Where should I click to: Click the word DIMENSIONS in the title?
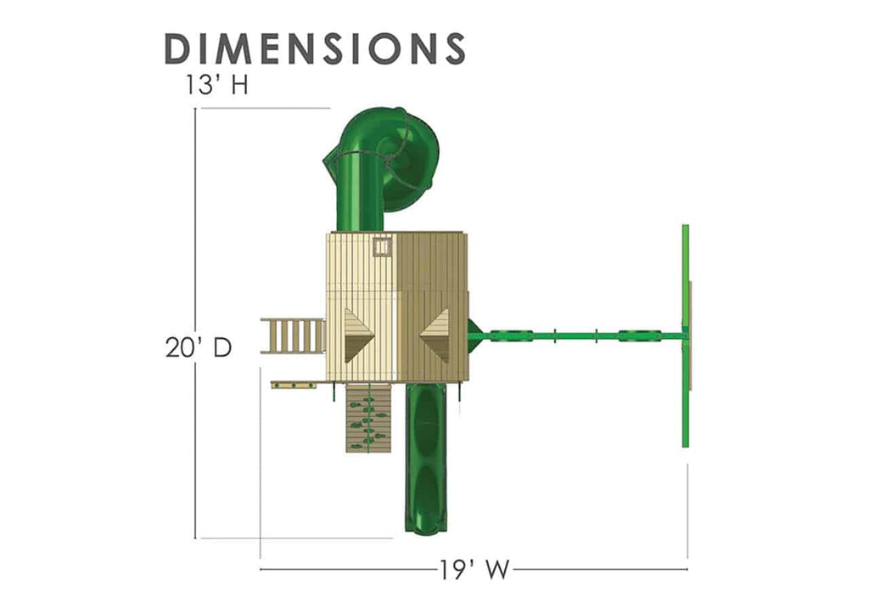coord(315,48)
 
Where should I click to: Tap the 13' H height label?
coord(216,86)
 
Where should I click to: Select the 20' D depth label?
coord(199,347)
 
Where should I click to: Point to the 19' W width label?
coord(474,569)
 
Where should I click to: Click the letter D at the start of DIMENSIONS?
coord(179,48)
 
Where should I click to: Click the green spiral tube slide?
coord(383,166)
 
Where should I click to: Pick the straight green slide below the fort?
coord(426,458)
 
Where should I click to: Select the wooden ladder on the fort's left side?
coord(293,336)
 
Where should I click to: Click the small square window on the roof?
coord(383,246)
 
